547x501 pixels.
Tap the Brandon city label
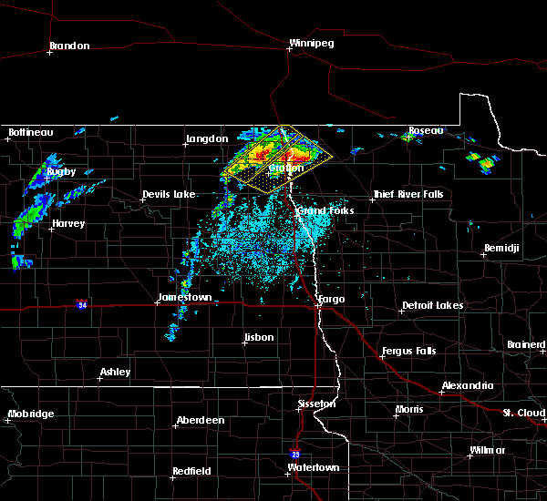[x=69, y=46]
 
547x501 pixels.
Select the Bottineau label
[x=30, y=132]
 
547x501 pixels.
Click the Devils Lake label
[x=169, y=195]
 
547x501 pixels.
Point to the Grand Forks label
[x=325, y=210]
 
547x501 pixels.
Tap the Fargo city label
[x=330, y=299]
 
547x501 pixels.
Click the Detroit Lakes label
[x=432, y=305]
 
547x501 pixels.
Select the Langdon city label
[x=207, y=138]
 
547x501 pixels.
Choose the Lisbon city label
[x=259, y=338]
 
